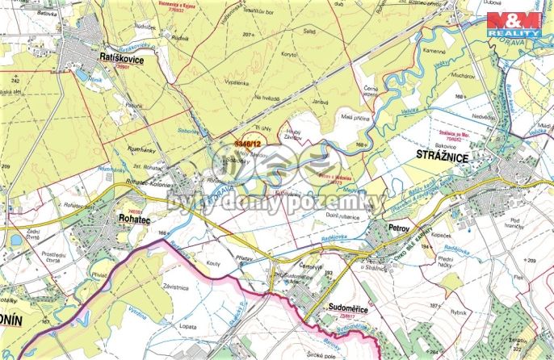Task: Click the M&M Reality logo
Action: pyautogui.click(x=516, y=23)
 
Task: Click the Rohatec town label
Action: pyautogui.click(x=111, y=217)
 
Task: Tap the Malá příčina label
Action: pyautogui.click(x=353, y=117)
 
